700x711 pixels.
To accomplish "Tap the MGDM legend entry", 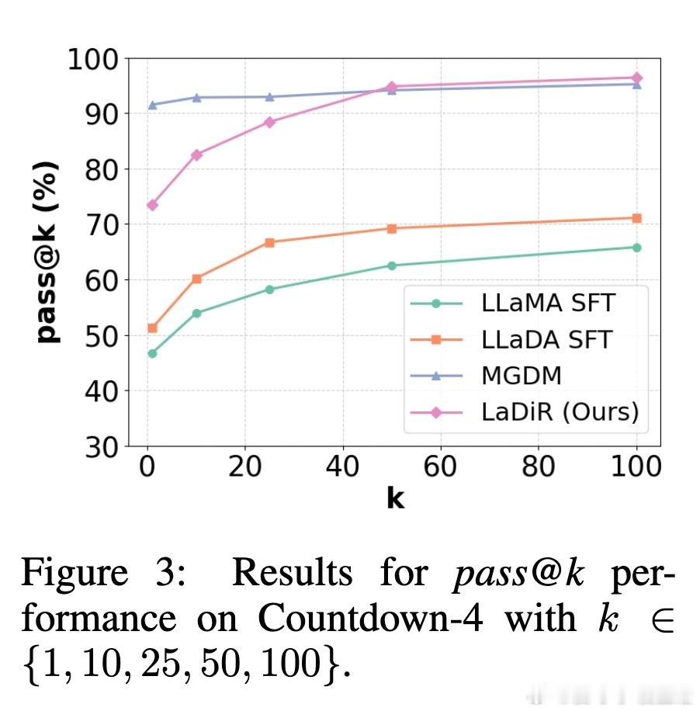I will point(521,376).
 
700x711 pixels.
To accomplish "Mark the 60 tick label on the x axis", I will point(441,467).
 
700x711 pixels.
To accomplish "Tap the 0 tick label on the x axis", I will point(147,467).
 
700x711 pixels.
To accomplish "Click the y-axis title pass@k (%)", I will point(48,252).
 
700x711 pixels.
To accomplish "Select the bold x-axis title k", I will point(395,498).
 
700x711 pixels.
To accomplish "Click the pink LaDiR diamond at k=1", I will point(152,205).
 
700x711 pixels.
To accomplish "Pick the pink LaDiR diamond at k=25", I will point(270,122).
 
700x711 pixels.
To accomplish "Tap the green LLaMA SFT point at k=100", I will point(636,248).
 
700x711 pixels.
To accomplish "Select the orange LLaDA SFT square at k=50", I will point(392,228).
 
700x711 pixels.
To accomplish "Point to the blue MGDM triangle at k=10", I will point(196,98).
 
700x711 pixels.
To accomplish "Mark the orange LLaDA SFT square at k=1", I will point(152,328).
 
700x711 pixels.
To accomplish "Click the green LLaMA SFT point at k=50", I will point(392,265).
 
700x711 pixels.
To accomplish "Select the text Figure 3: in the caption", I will point(103,573).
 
